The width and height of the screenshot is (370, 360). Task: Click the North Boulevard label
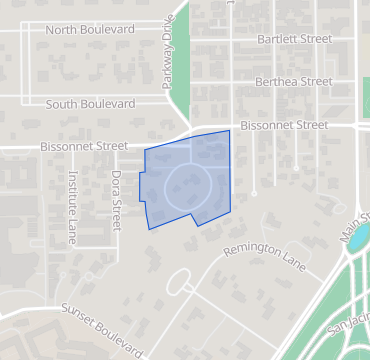pyautogui.click(x=90, y=29)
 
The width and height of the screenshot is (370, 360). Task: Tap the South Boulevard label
pyautogui.click(x=90, y=103)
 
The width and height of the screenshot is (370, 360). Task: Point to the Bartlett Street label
pyautogui.click(x=294, y=39)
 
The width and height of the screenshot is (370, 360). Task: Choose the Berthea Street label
pyautogui.click(x=293, y=82)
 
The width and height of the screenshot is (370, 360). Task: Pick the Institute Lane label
pyautogui.click(x=72, y=208)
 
